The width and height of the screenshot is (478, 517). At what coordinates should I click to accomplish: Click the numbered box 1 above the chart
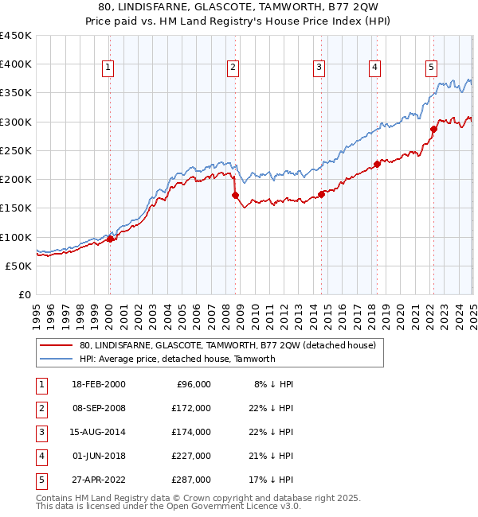(x=108, y=68)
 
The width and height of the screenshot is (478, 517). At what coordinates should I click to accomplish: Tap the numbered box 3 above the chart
(x=318, y=68)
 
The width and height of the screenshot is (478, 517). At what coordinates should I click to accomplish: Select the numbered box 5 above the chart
(x=431, y=68)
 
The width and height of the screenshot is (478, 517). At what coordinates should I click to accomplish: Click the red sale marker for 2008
(x=235, y=195)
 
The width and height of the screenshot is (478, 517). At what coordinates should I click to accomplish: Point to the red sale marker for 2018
(x=377, y=165)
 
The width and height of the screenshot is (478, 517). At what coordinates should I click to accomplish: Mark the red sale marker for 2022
(x=434, y=129)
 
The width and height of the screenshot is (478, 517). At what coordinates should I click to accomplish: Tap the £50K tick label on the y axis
(x=19, y=266)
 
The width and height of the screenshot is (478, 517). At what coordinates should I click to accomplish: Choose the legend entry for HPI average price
(x=177, y=359)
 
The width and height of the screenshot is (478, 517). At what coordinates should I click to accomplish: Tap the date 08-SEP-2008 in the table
(x=97, y=408)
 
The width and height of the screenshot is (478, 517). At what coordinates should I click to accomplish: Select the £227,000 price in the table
(x=191, y=456)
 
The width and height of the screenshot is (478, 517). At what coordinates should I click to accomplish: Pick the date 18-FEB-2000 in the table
(x=97, y=384)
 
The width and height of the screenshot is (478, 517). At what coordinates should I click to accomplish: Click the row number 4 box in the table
(x=40, y=456)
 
